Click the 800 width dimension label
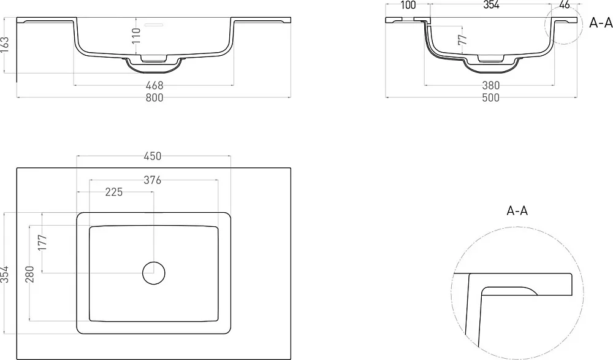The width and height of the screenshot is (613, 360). [154, 98]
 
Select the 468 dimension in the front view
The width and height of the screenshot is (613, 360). [154, 85]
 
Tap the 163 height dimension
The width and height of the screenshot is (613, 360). [5, 45]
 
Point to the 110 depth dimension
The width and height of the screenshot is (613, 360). [136, 36]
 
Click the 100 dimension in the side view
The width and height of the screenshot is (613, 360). [408, 5]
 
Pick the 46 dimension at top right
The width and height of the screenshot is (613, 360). [565, 5]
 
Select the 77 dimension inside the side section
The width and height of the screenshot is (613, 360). [462, 39]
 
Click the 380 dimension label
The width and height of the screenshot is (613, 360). [490, 85]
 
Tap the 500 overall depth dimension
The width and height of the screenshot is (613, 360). [490, 98]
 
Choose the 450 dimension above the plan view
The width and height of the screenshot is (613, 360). [153, 156]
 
